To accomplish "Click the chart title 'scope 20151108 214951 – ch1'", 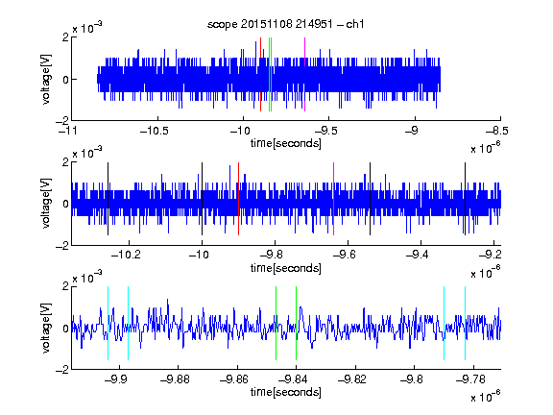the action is pos(285,24).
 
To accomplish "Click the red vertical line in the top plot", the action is pos(260,75).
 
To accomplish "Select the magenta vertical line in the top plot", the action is pos(304,75).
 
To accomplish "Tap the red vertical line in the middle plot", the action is pos(239,199).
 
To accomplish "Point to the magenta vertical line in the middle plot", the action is pos(334,199).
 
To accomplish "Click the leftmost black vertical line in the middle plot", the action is pos(108,199).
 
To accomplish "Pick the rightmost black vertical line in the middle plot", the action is pos(466,199).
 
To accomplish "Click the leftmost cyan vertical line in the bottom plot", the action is pos(108,323).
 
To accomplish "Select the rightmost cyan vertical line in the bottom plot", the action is pos(466,323).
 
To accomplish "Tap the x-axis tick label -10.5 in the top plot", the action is pos(155,131).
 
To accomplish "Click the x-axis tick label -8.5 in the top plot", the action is pos(497,131).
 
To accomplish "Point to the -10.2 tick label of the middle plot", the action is pos(126,255).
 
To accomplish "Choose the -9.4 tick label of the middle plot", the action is pos(418,255).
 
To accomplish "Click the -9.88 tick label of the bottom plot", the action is pos(175,379).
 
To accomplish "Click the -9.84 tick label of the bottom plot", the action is pos(293,379).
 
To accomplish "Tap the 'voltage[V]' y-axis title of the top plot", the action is pos(46,79).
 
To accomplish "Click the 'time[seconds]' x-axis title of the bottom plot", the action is pos(286,392).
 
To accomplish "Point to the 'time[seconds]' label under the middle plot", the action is pos(286,268).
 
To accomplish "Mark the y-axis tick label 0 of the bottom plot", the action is pos(65,329).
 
